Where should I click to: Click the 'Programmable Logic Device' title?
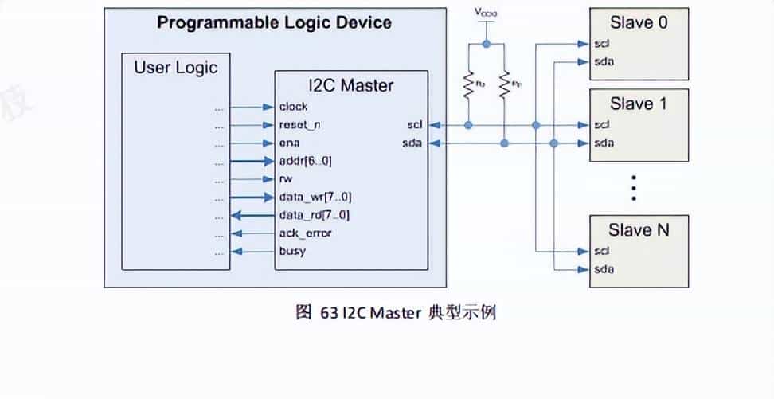tap(274, 22)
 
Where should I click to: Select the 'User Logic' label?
tap(175, 67)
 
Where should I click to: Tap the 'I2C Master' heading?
tap(350, 84)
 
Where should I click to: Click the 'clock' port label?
tap(293, 107)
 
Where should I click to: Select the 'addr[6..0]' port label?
tap(306, 161)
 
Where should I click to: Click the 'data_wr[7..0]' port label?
tap(315, 197)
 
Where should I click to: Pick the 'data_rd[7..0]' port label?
tap(314, 215)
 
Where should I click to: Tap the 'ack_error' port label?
tap(305, 233)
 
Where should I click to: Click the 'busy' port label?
tap(291, 252)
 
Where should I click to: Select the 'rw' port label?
tap(286, 179)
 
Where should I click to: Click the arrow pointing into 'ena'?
tap(252, 143)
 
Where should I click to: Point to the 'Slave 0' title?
tap(638, 22)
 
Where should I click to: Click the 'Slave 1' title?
tap(638, 104)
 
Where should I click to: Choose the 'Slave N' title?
tap(639, 230)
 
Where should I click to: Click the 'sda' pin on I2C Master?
tap(413, 143)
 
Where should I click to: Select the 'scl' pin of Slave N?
tap(602, 252)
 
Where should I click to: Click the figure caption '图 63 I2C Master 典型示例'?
tap(396, 312)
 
